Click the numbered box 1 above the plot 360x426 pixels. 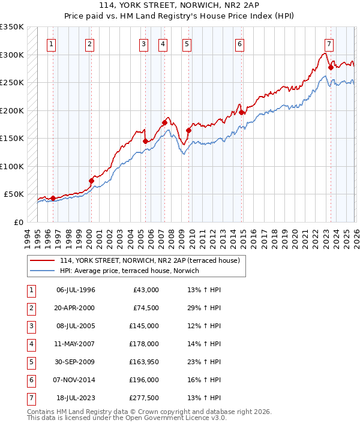(52, 44)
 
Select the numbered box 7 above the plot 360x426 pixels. (329, 44)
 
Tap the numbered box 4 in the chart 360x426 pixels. (163, 44)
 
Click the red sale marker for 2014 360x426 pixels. (241, 112)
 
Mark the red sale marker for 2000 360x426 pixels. (92, 180)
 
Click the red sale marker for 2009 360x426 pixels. (188, 130)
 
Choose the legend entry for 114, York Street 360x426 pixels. (149, 260)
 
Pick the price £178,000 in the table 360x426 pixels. (144, 344)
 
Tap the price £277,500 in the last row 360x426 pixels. (144, 398)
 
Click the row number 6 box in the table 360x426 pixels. (30, 380)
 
